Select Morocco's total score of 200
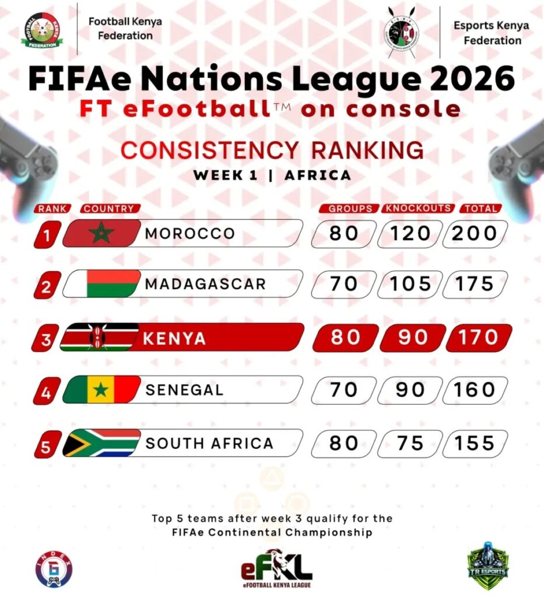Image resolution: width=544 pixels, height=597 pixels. (x=475, y=234)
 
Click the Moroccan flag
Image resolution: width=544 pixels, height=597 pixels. (x=101, y=234)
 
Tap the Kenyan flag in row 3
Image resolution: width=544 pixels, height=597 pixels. (x=99, y=338)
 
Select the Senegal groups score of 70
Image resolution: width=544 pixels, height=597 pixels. (x=343, y=390)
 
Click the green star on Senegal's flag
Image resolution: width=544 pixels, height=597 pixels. (x=101, y=390)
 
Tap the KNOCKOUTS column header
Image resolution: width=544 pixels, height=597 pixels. (x=417, y=208)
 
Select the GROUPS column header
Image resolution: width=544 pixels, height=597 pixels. (x=350, y=208)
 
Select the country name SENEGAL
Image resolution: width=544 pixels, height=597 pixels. (x=184, y=390)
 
